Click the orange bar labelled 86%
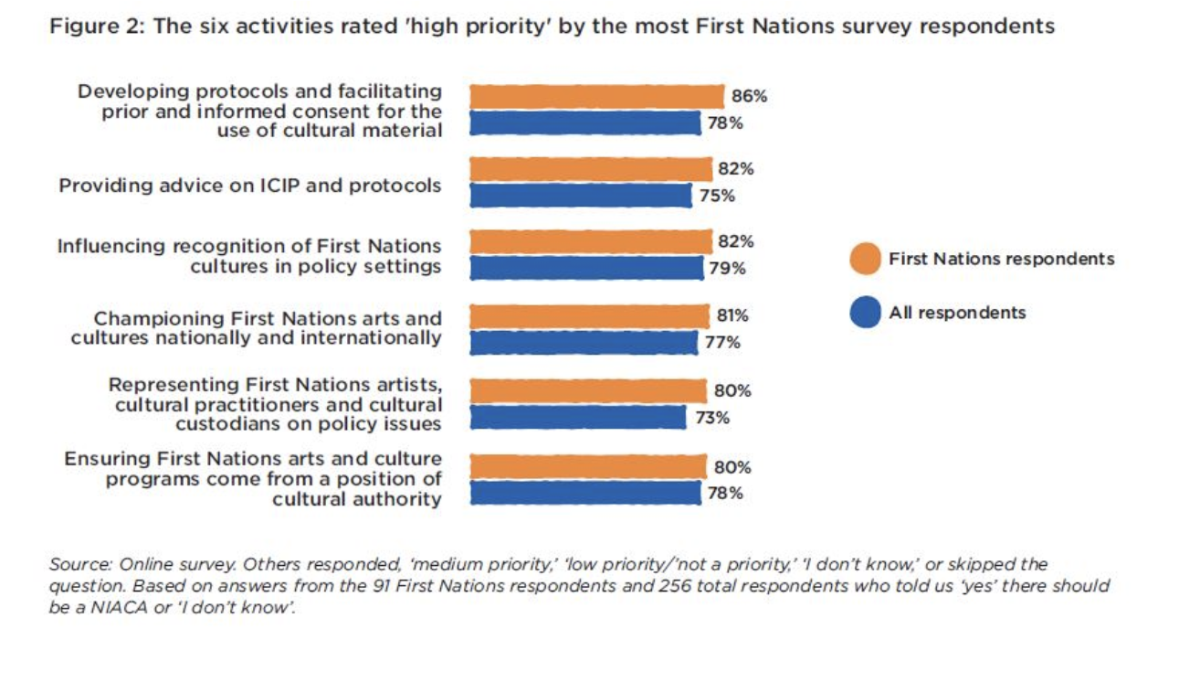click(x=597, y=96)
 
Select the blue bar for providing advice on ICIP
click(x=581, y=196)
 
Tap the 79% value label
click(x=727, y=269)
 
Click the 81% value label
click(x=732, y=315)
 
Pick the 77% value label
click(x=722, y=343)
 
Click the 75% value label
click(x=716, y=196)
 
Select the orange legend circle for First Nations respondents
click(x=864, y=259)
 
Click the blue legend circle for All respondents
click(x=864, y=313)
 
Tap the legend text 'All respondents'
click(x=957, y=313)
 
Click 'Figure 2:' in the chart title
click(x=97, y=27)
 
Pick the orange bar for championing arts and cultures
click(x=589, y=316)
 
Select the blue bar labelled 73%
click(x=577, y=418)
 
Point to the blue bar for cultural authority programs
click(x=585, y=494)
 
